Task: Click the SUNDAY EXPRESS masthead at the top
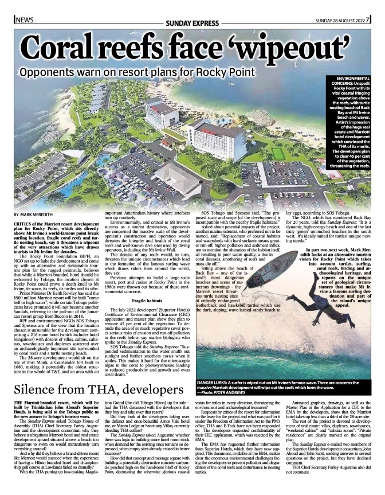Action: point(192,22)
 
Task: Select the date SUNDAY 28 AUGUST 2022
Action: point(340,21)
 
